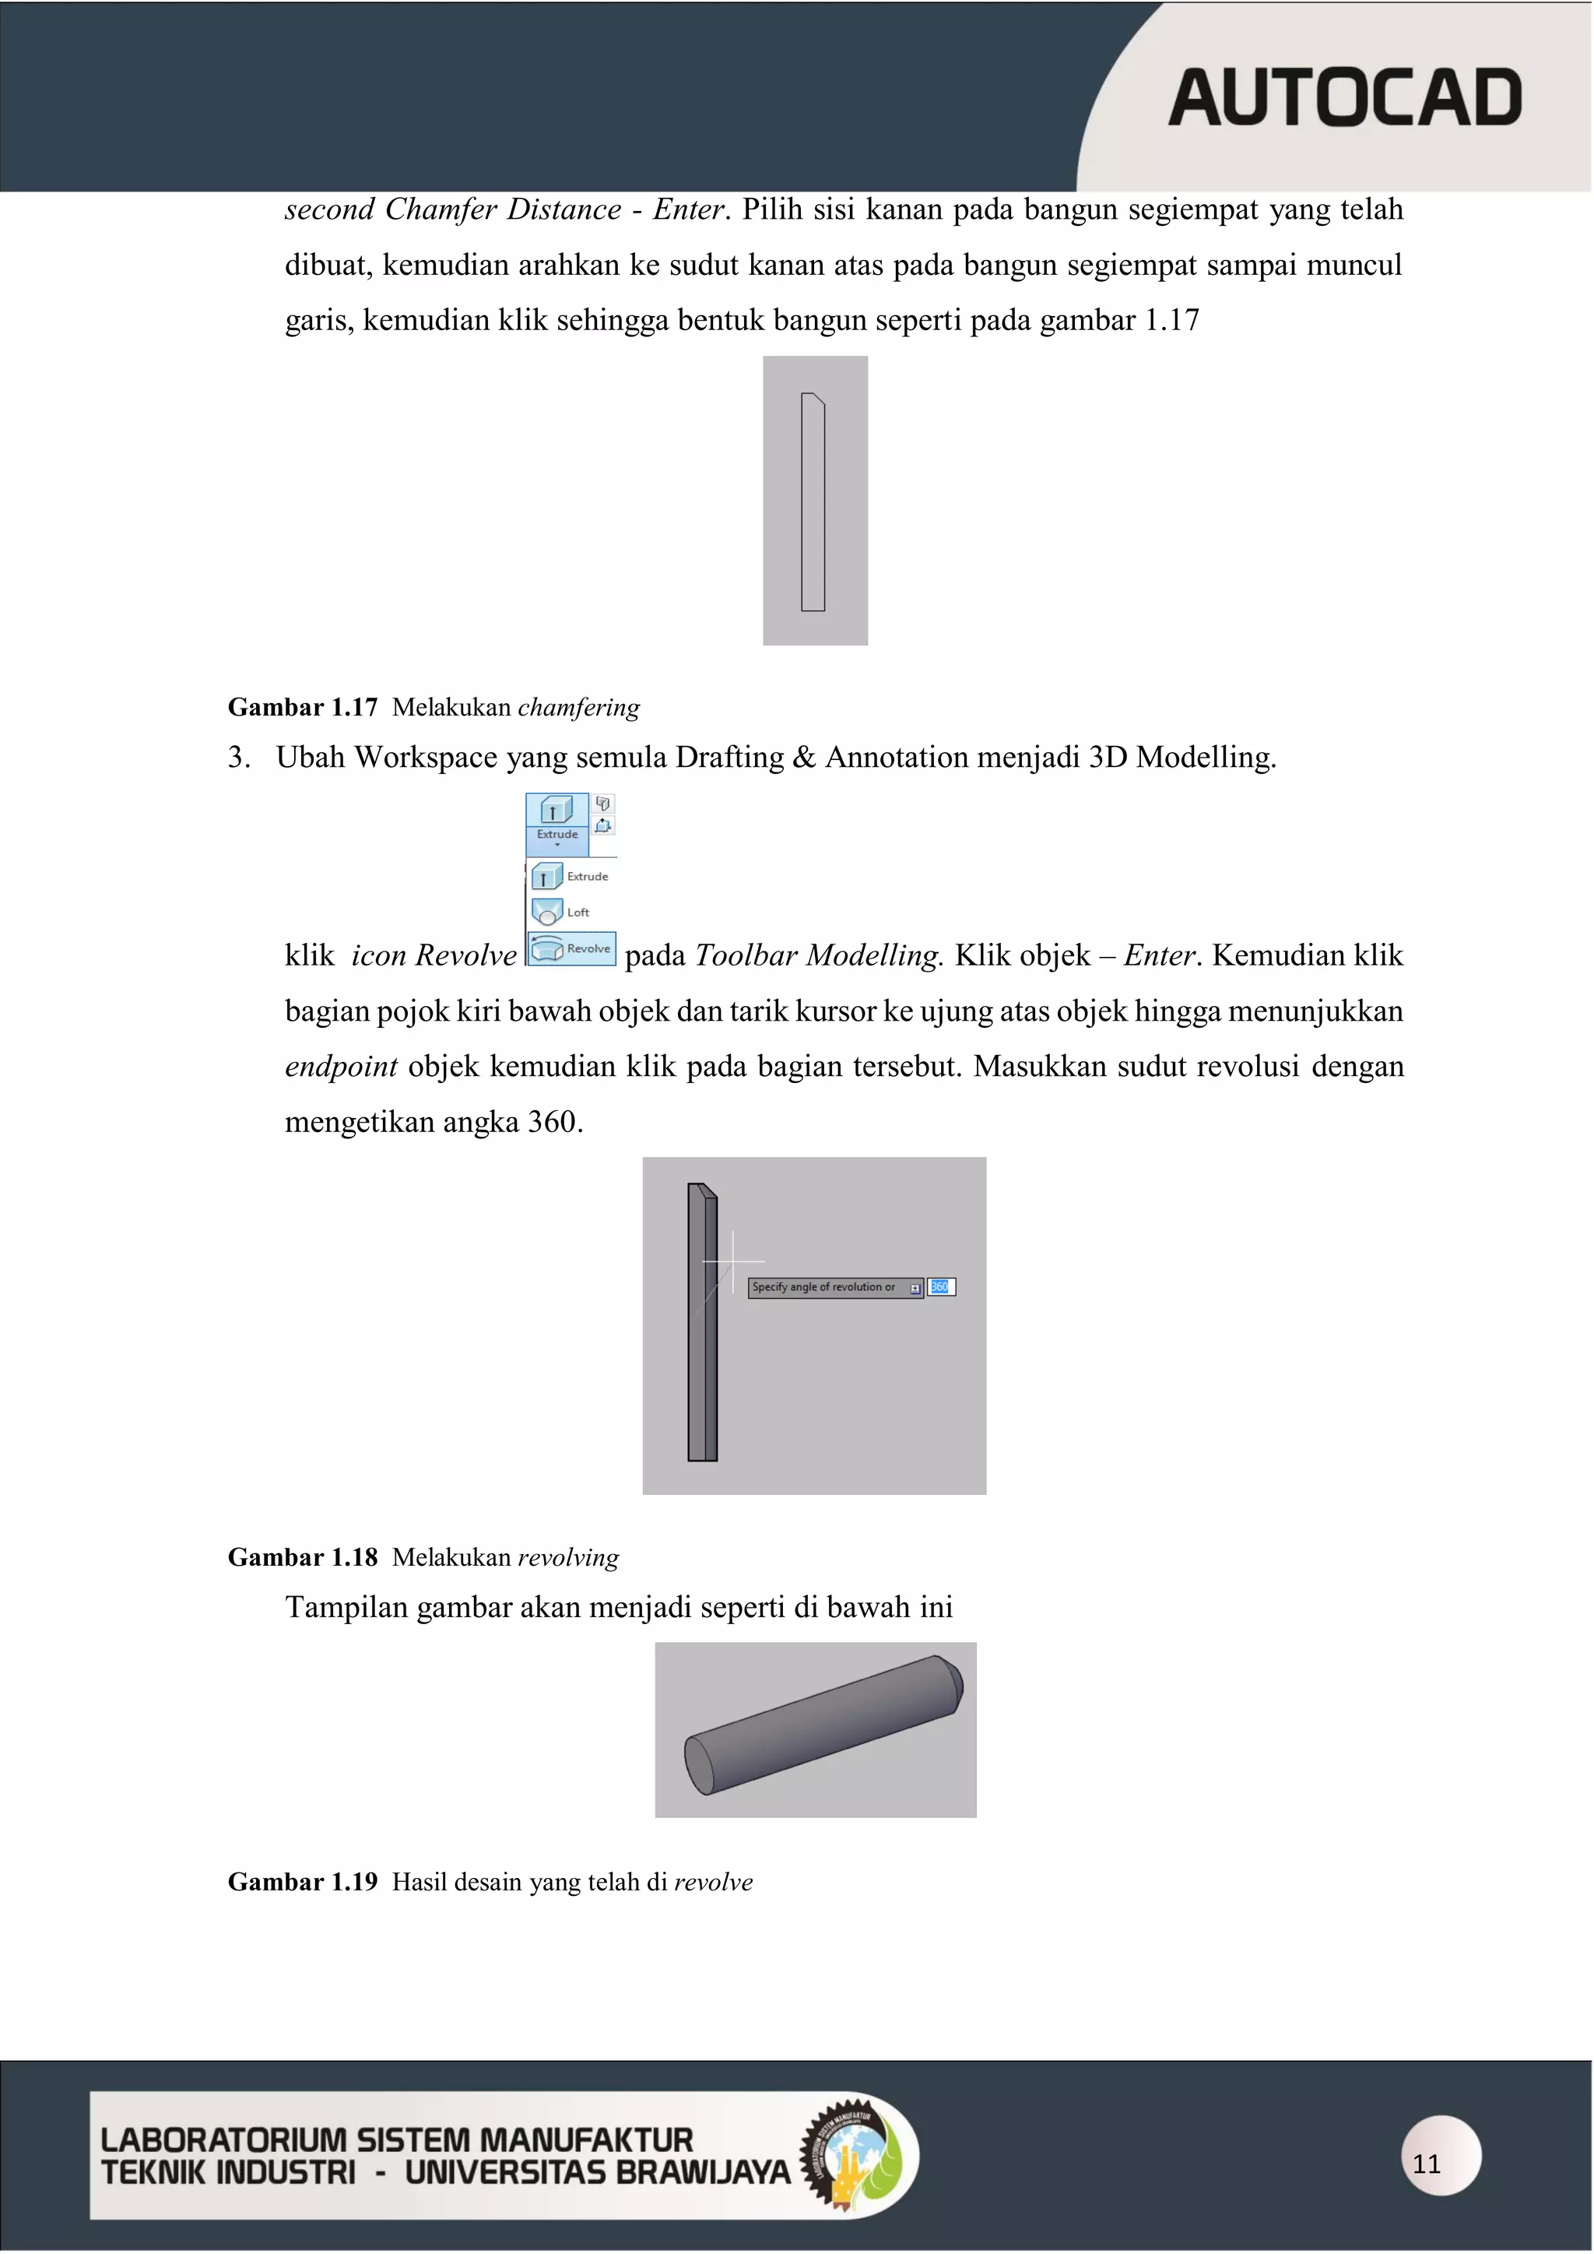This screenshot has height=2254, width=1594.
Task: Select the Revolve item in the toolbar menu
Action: click(x=572, y=948)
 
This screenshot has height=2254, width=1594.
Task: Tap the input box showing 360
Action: click(x=940, y=1287)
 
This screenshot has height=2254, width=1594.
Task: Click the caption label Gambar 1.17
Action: click(x=302, y=708)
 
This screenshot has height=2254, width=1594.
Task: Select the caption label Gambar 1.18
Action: click(x=302, y=1558)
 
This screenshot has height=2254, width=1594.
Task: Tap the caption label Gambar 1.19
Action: click(x=302, y=1882)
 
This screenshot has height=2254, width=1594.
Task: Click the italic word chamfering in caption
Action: click(x=578, y=708)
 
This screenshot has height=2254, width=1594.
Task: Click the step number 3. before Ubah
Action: click(x=238, y=758)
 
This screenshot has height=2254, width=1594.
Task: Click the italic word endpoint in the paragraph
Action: click(x=341, y=1067)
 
